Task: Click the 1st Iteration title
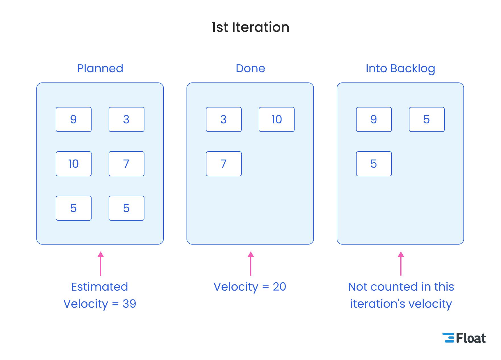pyautogui.click(x=250, y=27)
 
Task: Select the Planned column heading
pyautogui.click(x=100, y=68)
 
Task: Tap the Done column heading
pyautogui.click(x=250, y=68)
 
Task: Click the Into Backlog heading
pyautogui.click(x=400, y=68)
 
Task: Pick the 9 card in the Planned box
pyautogui.click(x=73, y=119)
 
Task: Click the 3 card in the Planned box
pyautogui.click(x=126, y=119)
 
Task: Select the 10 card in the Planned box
pyautogui.click(x=73, y=164)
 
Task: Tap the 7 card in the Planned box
pyautogui.click(x=126, y=164)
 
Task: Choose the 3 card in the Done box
pyautogui.click(x=223, y=119)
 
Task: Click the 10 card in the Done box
pyautogui.click(x=276, y=119)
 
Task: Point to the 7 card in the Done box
pyautogui.click(x=223, y=164)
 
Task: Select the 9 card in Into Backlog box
pyautogui.click(x=374, y=119)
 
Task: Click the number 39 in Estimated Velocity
pyautogui.click(x=129, y=304)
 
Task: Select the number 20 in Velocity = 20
pyautogui.click(x=279, y=287)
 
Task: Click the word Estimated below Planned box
pyautogui.click(x=100, y=287)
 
